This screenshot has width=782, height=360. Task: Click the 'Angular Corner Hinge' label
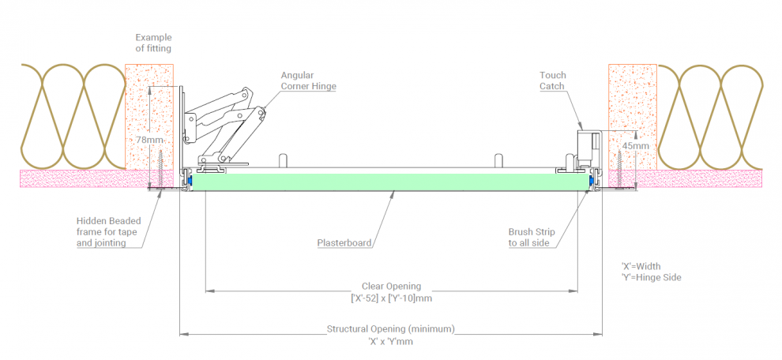308,81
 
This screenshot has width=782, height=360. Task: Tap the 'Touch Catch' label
553,81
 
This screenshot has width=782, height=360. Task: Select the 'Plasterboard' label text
344,242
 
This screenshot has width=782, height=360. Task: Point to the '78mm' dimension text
149,140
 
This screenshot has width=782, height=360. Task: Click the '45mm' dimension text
635,146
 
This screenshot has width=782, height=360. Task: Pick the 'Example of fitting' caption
153,43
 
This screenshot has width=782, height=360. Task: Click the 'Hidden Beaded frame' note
111,233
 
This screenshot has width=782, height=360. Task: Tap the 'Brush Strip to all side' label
532,237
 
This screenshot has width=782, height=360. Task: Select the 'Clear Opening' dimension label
391,286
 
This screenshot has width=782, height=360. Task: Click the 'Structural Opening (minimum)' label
391,328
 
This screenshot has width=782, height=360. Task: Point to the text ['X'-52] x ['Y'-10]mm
391,298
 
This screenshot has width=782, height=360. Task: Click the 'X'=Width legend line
640,266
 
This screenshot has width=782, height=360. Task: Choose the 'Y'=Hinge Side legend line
652,278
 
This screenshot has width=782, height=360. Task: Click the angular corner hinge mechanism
225,122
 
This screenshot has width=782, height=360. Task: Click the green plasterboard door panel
391,182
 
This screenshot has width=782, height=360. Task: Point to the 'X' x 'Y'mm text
391,342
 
